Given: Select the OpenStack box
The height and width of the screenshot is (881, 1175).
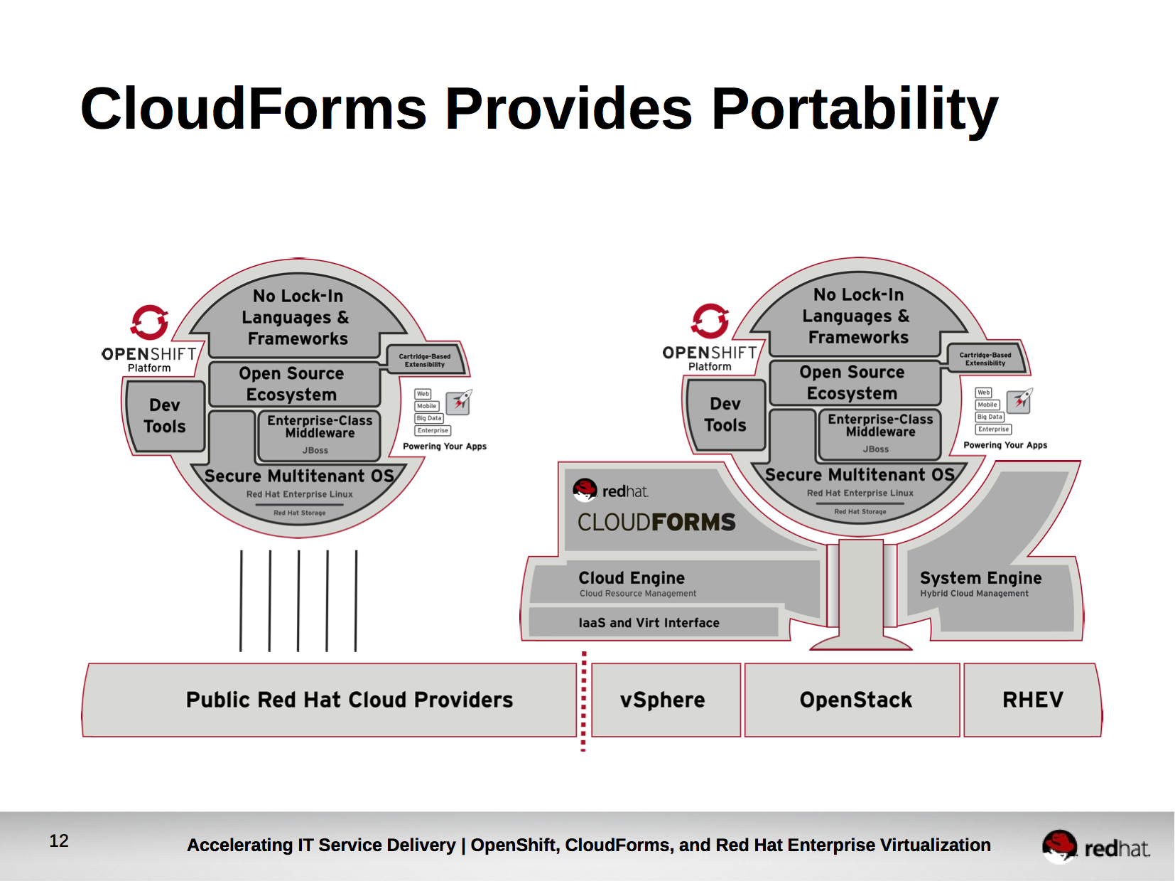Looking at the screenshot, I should [855, 700].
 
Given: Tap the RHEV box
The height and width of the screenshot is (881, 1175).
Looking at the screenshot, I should [1032, 700].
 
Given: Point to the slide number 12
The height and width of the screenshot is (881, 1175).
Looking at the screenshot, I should [59, 841].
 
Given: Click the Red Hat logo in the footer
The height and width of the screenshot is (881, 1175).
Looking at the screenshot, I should [1095, 846].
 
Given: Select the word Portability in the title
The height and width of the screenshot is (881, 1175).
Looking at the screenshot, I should [855, 109].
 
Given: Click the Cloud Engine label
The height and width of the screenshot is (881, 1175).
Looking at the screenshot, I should [632, 578].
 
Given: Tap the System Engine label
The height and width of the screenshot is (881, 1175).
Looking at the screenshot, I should [980, 578].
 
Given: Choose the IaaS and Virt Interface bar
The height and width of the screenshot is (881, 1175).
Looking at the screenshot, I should [649, 623].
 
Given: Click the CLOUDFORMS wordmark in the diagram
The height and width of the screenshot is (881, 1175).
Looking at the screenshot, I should [656, 523].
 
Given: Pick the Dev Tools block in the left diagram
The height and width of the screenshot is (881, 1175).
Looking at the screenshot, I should [165, 416].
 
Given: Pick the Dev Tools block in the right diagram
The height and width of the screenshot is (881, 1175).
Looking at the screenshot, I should [725, 415].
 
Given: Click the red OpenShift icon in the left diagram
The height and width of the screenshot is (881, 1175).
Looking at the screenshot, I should [149, 323].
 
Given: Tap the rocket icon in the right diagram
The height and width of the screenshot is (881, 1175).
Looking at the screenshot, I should [1022, 400].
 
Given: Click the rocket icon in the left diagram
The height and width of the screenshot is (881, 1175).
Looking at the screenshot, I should [460, 402].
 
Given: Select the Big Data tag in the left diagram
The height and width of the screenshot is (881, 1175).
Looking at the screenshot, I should [429, 418].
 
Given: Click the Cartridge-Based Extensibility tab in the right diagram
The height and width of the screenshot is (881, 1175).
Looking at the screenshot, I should [985, 359].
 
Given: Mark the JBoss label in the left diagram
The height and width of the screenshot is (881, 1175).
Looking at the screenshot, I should [315, 450].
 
